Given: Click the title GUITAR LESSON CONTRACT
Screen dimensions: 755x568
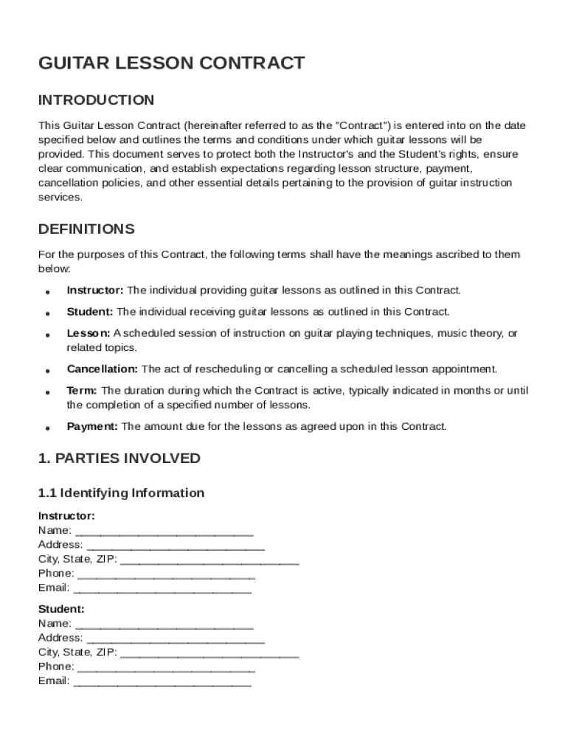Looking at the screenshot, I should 171,63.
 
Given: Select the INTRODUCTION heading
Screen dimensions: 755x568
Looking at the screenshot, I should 96,100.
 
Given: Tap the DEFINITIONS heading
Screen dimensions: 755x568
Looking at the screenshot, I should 86,229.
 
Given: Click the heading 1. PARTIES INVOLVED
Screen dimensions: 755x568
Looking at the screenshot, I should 119,459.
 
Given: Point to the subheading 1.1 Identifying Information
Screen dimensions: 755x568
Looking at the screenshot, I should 121,493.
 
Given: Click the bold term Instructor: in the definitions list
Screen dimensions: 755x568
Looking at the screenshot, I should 95,290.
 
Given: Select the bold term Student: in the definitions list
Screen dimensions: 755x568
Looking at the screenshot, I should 90,312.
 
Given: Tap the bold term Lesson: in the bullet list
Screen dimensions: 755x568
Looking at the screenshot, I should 89,333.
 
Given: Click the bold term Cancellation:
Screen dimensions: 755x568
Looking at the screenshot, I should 102,369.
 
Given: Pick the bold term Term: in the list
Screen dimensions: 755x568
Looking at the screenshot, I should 82,391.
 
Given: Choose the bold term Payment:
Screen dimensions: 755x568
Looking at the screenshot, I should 92,426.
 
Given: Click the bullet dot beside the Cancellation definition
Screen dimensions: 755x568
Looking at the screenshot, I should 47,371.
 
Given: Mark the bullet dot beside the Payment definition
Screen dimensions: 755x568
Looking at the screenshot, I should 47,428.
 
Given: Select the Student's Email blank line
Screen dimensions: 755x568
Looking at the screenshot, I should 162,682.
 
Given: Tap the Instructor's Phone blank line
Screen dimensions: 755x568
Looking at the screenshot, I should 166,575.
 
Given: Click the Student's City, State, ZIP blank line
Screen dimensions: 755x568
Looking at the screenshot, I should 209,653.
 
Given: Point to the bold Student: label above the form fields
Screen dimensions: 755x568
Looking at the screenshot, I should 61,610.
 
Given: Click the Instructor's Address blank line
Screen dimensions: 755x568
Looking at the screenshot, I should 175,546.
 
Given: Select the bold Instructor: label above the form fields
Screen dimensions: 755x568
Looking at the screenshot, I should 66,516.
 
